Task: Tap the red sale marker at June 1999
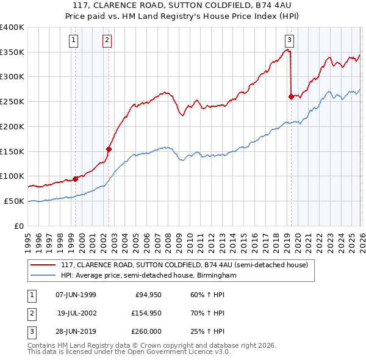(x=76, y=179)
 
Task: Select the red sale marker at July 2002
(x=109, y=148)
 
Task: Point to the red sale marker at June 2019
(x=291, y=96)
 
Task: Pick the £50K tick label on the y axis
(x=15, y=201)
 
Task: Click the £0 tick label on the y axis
(x=20, y=226)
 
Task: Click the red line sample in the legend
(x=44, y=265)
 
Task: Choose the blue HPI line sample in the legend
(x=44, y=276)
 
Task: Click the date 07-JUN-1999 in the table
(x=76, y=295)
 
